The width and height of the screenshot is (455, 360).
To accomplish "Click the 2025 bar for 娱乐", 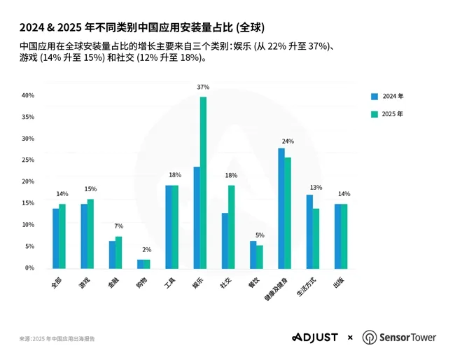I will [203, 182].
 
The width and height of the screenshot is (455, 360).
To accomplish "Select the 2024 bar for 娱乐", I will [197, 217].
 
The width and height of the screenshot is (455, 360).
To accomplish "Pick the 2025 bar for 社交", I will [231, 226].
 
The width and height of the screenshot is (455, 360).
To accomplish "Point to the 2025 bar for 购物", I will [146, 264].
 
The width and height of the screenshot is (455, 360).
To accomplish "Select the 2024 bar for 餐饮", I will [253, 254].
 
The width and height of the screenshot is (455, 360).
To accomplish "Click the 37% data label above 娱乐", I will [203, 88].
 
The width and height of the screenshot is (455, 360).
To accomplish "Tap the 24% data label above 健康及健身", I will [287, 141].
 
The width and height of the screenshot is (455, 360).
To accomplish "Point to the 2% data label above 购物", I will [146, 250].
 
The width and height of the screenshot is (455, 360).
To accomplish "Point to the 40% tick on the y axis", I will [28, 95].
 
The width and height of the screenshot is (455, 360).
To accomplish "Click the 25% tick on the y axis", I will [28, 160].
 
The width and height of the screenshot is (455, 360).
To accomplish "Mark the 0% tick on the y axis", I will [29, 268].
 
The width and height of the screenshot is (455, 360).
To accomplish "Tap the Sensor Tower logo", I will [399, 338].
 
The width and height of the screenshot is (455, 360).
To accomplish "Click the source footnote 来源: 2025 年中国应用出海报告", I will [57, 339].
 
